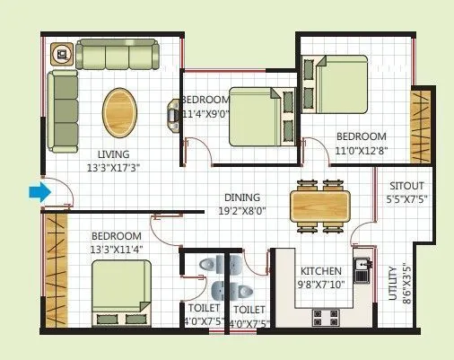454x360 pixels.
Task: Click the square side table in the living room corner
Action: pos(62,54)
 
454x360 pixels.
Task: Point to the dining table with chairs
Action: pos(319,204)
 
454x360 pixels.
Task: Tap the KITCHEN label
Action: pos(319,270)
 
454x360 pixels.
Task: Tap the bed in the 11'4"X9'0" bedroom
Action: pos(260,115)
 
